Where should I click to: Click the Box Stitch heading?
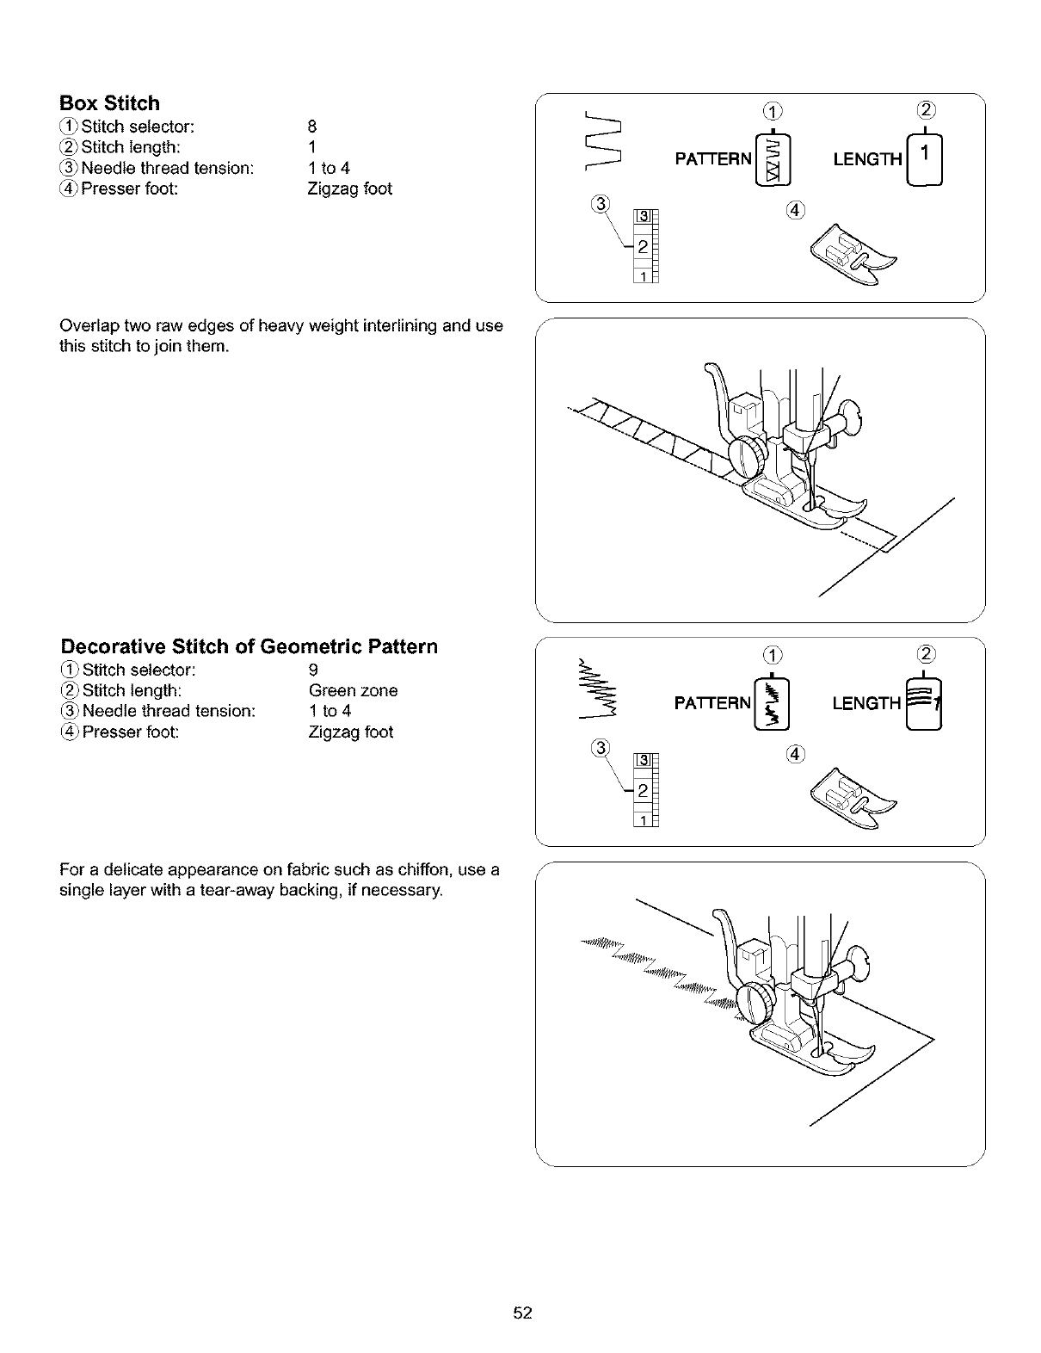pos(109,103)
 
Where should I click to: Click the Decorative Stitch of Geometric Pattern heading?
pos(249,646)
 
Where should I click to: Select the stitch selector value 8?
pos(312,127)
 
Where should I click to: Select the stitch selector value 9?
pos(313,670)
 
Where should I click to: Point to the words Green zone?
pos(353,690)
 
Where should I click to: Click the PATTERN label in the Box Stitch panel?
pos(713,159)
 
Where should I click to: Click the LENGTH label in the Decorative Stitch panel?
pos(866,704)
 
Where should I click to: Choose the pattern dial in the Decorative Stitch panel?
pos(773,703)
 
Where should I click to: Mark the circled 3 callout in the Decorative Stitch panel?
pos(601,748)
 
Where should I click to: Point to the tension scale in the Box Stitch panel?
pos(644,245)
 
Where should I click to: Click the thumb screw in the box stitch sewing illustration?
pos(746,457)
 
